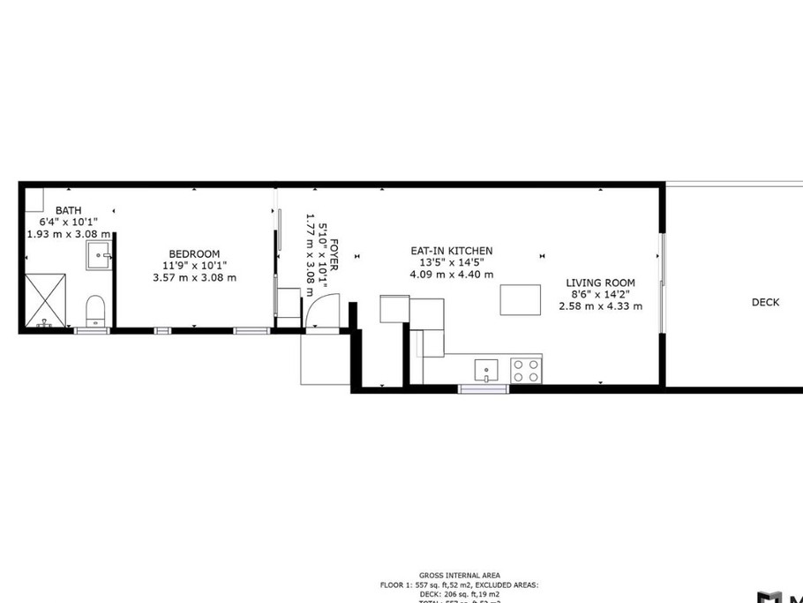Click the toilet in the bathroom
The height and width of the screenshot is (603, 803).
click(94, 310)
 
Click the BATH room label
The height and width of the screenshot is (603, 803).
click(68, 210)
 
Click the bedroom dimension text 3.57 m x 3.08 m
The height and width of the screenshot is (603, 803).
click(194, 277)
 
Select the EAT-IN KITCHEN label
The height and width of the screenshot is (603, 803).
click(451, 251)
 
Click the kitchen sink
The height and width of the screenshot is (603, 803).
click(485, 370)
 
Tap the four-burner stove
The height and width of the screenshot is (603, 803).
click(527, 370)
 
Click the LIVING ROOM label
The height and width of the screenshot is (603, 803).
click(600, 283)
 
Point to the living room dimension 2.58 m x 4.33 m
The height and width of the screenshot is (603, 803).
click(600, 306)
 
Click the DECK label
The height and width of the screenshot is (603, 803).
click(765, 302)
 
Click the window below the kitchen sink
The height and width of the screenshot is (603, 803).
click(484, 388)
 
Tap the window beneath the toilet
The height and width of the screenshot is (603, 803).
click(92, 330)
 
